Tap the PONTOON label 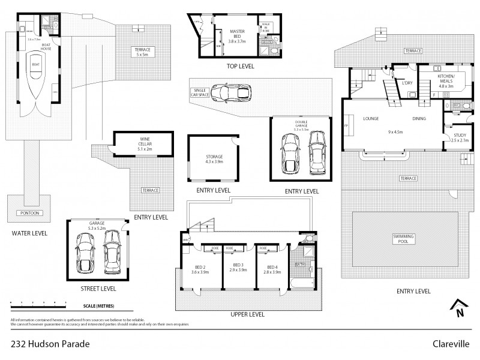28,214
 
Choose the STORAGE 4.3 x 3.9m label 214,159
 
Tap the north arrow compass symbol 459,307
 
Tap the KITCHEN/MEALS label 447,80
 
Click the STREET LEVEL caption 99,288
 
